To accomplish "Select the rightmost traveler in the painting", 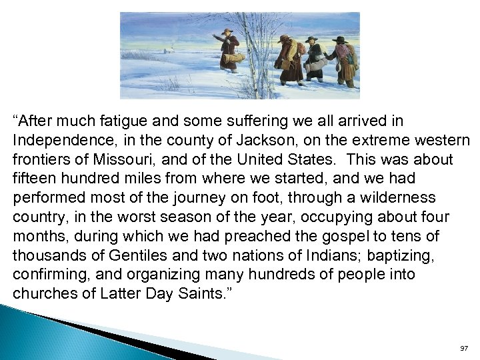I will point(344,60).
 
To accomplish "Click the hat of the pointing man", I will point(227,31).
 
